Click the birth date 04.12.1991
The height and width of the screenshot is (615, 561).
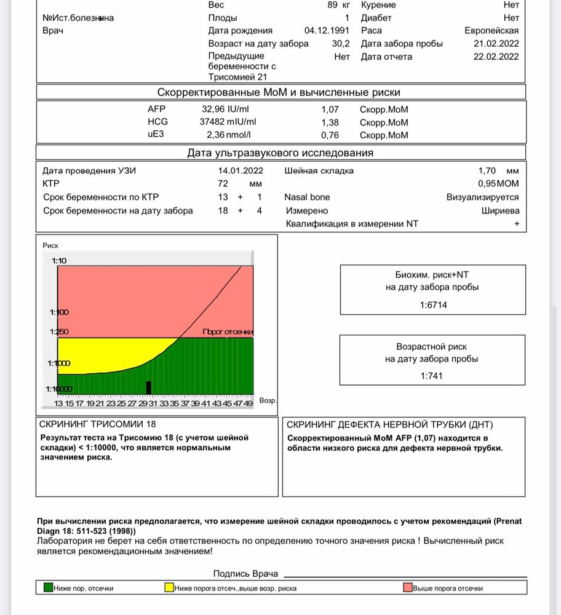tap(327, 30)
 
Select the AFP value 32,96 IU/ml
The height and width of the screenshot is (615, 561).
tap(229, 109)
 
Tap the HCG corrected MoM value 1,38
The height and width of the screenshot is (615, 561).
tap(330, 122)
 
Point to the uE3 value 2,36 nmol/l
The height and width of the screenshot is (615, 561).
tap(229, 135)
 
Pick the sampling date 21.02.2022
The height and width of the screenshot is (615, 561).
tap(496, 44)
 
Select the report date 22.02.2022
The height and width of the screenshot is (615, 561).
tap(496, 57)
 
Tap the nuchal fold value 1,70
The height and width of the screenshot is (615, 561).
tap(488, 170)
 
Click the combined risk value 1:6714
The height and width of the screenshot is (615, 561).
tap(433, 304)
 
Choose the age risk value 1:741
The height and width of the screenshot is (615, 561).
tap(433, 375)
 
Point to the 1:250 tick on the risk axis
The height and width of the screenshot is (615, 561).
tap(60, 331)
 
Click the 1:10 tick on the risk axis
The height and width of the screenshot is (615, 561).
tap(60, 261)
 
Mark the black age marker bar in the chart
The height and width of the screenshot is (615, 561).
tap(149, 387)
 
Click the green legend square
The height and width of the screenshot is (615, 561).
tap(48, 587)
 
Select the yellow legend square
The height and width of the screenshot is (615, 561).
tap(169, 587)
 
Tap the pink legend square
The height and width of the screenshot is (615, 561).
tap(407, 587)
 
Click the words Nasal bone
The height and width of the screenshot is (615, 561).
tap(307, 197)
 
